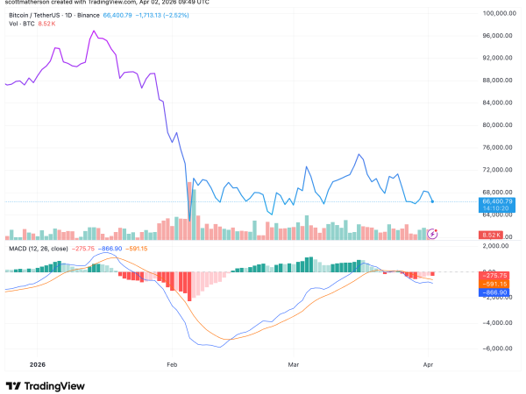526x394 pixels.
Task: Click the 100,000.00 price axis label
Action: tap(496, 14)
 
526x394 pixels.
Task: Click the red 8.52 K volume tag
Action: tap(491, 236)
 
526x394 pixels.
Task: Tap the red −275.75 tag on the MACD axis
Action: tap(495, 275)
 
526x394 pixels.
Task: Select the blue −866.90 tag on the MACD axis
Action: tap(495, 291)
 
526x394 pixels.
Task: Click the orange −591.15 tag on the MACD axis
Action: tap(495, 283)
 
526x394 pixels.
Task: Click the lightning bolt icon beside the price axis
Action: tap(431, 234)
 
